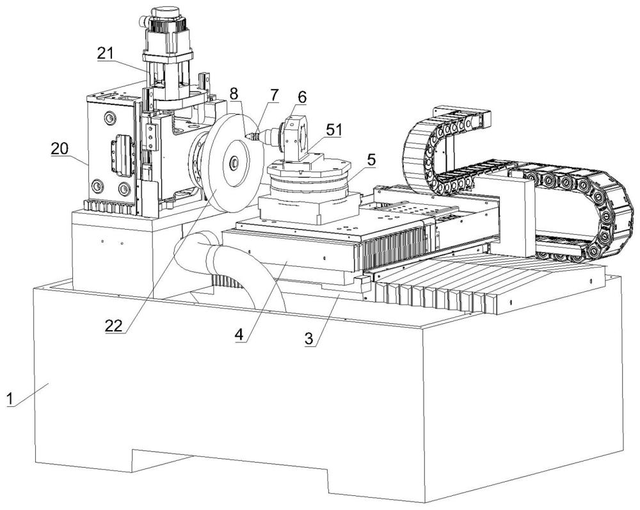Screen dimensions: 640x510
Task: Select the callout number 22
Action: [114, 326]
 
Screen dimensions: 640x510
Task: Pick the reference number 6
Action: [301, 97]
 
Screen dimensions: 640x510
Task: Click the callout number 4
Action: [239, 335]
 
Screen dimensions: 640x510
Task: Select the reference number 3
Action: [310, 339]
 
